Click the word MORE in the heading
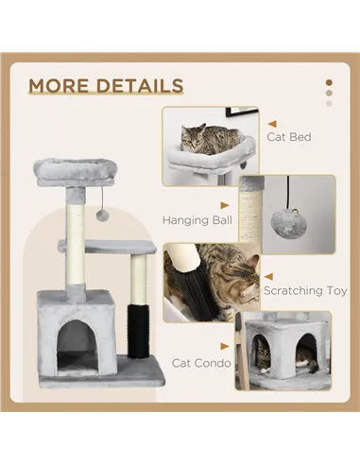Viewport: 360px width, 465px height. [x=60, y=86]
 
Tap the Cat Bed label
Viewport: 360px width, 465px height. [x=288, y=137]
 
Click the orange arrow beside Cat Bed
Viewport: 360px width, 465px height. [x=271, y=123]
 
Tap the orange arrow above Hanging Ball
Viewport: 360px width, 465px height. [x=225, y=203]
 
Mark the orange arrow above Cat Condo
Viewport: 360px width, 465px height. [x=225, y=346]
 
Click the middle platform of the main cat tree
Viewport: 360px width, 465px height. [x=121, y=247]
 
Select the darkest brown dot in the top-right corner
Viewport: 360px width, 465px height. [x=328, y=81]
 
